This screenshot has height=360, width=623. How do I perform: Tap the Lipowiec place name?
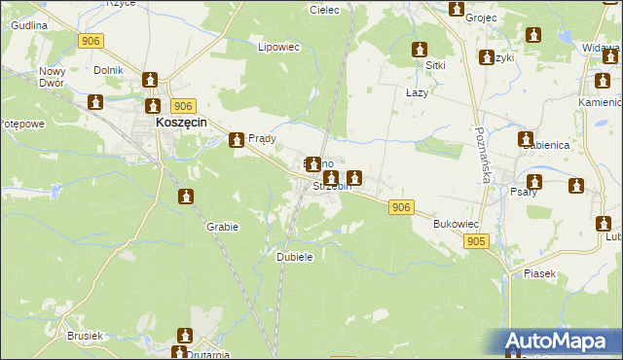(277, 46)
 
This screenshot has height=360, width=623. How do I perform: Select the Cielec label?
(323, 10)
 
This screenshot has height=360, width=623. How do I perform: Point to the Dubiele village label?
(294, 256)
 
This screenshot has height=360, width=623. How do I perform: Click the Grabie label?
(222, 226)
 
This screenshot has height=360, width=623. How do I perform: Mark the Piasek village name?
(539, 273)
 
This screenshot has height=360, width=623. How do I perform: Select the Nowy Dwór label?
(51, 78)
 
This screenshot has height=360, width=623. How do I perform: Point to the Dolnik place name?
(107, 70)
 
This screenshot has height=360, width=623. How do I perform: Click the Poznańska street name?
(483, 155)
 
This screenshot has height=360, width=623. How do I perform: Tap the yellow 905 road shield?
(476, 240)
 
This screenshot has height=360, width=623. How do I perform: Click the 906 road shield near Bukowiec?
(401, 207)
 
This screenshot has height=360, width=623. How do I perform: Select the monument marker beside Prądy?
(237, 141)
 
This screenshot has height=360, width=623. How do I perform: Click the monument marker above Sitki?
(420, 50)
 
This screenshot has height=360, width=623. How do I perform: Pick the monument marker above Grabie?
(186, 198)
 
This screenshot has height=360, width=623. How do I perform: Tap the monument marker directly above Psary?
(534, 182)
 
